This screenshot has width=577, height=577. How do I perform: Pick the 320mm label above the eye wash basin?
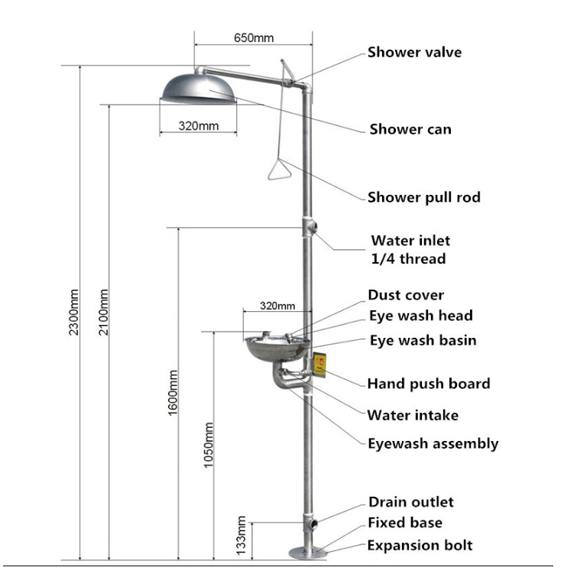[277, 306]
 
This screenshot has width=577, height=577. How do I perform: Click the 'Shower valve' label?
[414, 53]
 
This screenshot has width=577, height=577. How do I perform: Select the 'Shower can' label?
[410, 129]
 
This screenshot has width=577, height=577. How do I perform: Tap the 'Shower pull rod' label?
[424, 197]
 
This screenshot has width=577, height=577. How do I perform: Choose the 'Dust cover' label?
[406, 295]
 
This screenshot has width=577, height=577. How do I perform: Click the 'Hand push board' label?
[429, 384]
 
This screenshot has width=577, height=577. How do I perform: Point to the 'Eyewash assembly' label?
[433, 443]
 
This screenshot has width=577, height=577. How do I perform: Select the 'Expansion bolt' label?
[420, 545]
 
